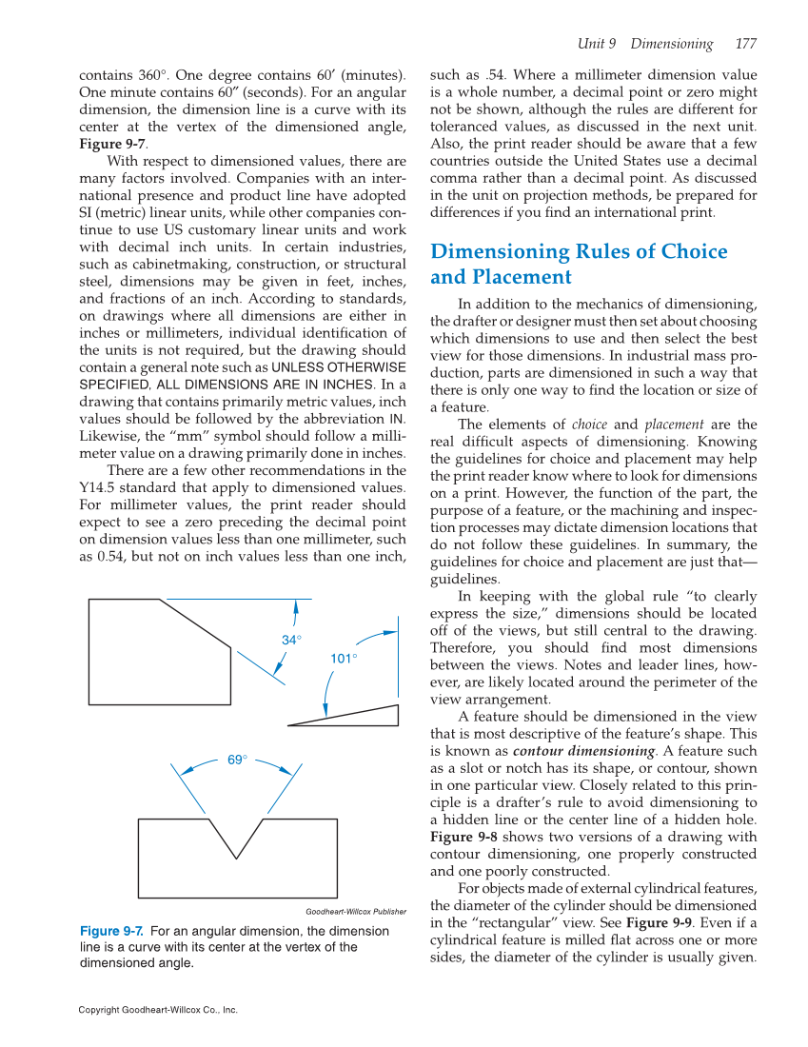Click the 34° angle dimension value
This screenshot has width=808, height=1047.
point(291,640)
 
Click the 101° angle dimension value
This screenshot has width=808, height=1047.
point(344,658)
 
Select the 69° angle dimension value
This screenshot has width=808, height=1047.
point(237,759)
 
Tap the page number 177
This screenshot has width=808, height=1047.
point(745,44)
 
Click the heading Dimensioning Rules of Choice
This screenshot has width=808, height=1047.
point(579,251)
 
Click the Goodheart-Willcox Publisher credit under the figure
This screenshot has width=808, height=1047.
point(355,911)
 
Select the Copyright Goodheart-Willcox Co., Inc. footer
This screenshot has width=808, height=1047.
point(158,1009)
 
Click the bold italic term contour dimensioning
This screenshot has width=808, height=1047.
point(576,750)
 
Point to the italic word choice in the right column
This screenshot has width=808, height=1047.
point(589,425)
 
